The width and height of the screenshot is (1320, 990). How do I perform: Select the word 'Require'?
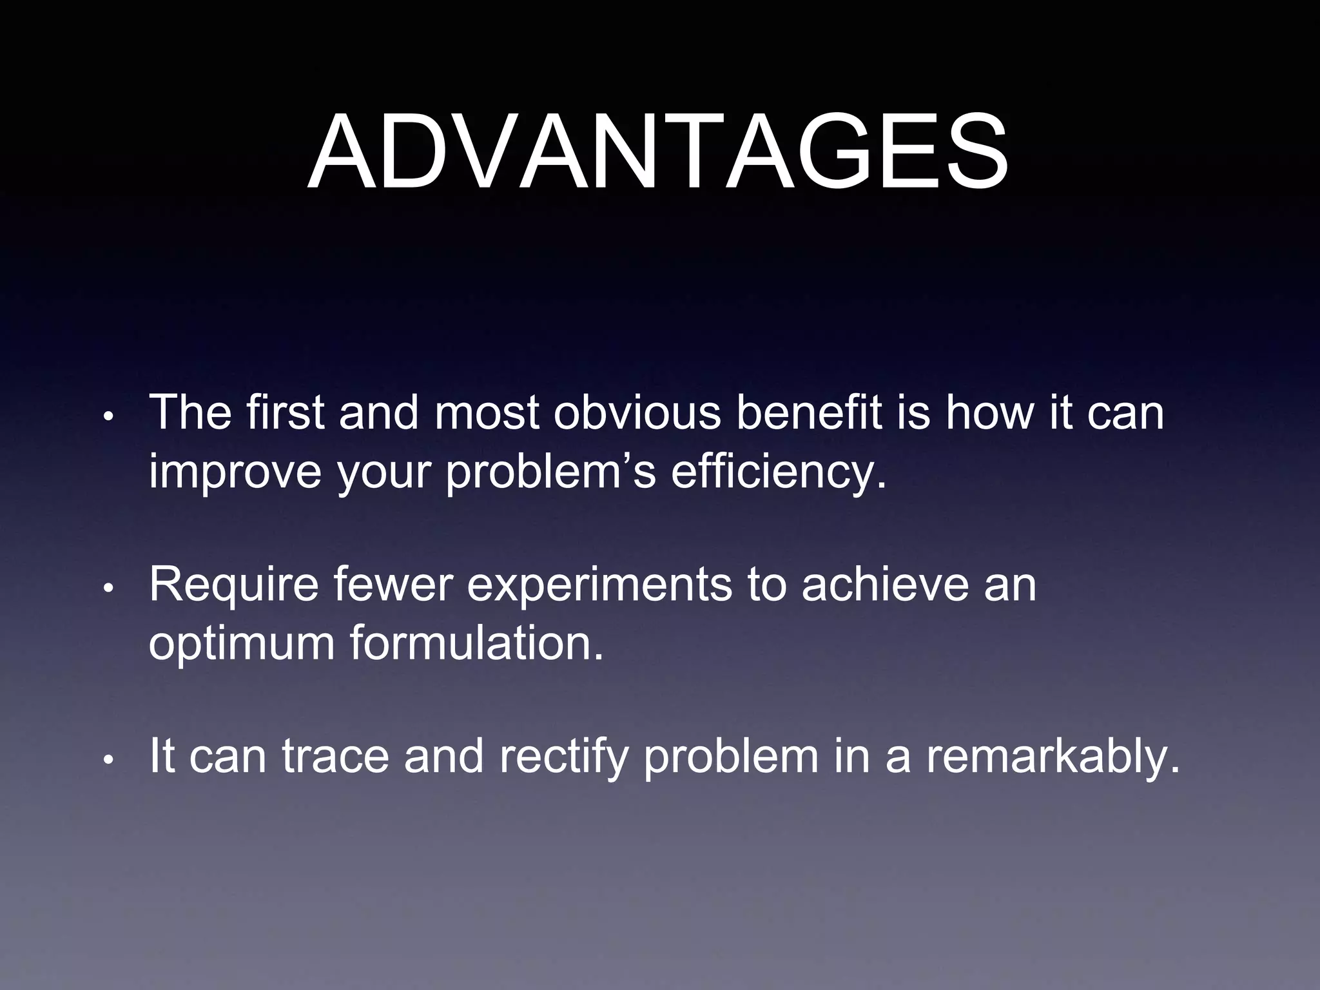233,585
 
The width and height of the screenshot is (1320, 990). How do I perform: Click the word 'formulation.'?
477,643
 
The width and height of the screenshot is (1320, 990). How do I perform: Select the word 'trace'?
335,757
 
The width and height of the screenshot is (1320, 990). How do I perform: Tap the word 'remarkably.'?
1054,757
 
